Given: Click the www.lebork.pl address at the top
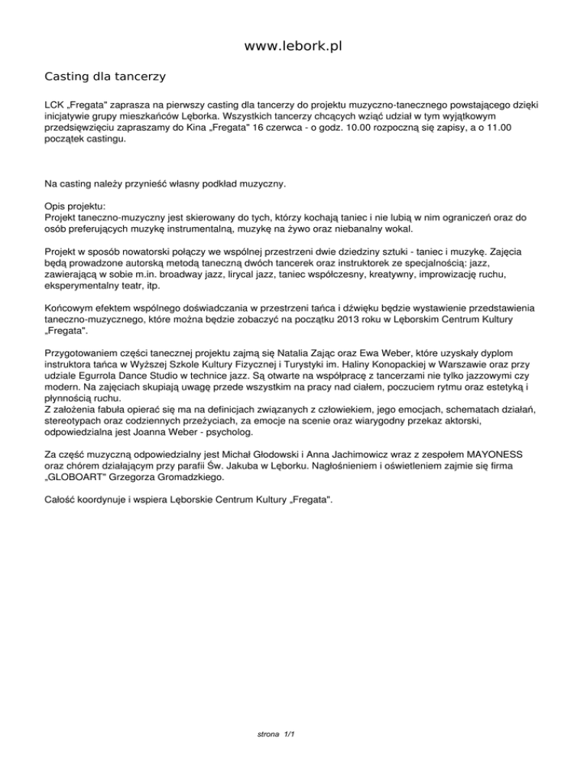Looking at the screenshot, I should click(293, 47).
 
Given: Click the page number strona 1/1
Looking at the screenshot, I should click(277, 734).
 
